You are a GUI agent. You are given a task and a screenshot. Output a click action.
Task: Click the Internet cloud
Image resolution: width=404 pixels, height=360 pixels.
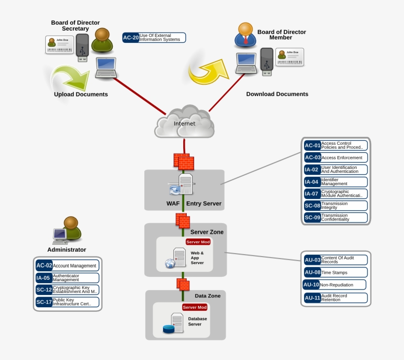click(x=184, y=123)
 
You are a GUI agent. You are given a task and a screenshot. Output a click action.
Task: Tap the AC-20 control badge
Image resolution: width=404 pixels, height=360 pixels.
click(x=131, y=37)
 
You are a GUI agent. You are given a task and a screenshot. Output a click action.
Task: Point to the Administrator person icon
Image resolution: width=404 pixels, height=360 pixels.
click(x=70, y=228)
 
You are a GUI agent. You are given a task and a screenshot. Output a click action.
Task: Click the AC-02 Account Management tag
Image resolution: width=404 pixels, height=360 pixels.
click(x=67, y=265)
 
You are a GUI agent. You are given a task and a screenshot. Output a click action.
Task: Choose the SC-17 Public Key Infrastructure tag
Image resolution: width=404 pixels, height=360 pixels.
click(x=67, y=302)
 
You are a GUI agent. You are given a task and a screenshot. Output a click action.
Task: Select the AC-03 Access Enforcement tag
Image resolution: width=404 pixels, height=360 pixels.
click(x=336, y=158)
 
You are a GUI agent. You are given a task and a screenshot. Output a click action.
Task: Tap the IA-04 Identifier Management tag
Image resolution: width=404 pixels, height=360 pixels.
click(x=336, y=182)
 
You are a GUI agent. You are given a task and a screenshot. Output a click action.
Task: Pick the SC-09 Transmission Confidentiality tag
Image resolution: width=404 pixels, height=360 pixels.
click(x=336, y=217)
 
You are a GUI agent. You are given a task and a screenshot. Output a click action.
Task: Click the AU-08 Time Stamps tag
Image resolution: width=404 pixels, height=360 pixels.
click(x=336, y=272)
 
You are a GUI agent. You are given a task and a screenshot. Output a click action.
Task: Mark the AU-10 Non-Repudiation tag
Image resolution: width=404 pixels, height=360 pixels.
click(x=335, y=285)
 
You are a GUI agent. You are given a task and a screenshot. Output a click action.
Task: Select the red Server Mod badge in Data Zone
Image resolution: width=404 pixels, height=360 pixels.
click(x=195, y=307)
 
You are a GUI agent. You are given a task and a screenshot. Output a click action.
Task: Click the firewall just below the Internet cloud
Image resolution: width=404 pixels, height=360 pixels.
click(x=184, y=162)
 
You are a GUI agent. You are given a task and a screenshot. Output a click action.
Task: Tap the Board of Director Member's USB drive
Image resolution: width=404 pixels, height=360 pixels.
click(x=267, y=62)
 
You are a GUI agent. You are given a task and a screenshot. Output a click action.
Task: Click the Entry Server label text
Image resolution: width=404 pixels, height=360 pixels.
click(x=203, y=203)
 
